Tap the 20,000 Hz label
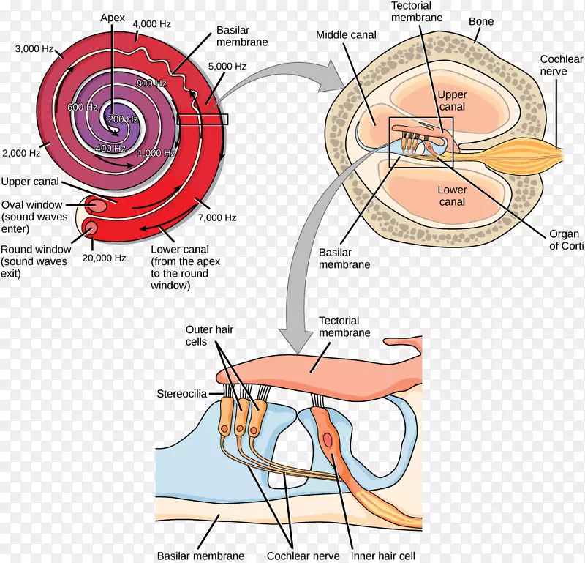pos(105,258)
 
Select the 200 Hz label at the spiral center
pos(121,119)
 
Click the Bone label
pos(480,21)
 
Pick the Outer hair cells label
pos(209,336)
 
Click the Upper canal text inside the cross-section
pos(452,101)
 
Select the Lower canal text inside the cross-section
pos(452,196)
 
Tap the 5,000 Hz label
pos(228,66)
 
